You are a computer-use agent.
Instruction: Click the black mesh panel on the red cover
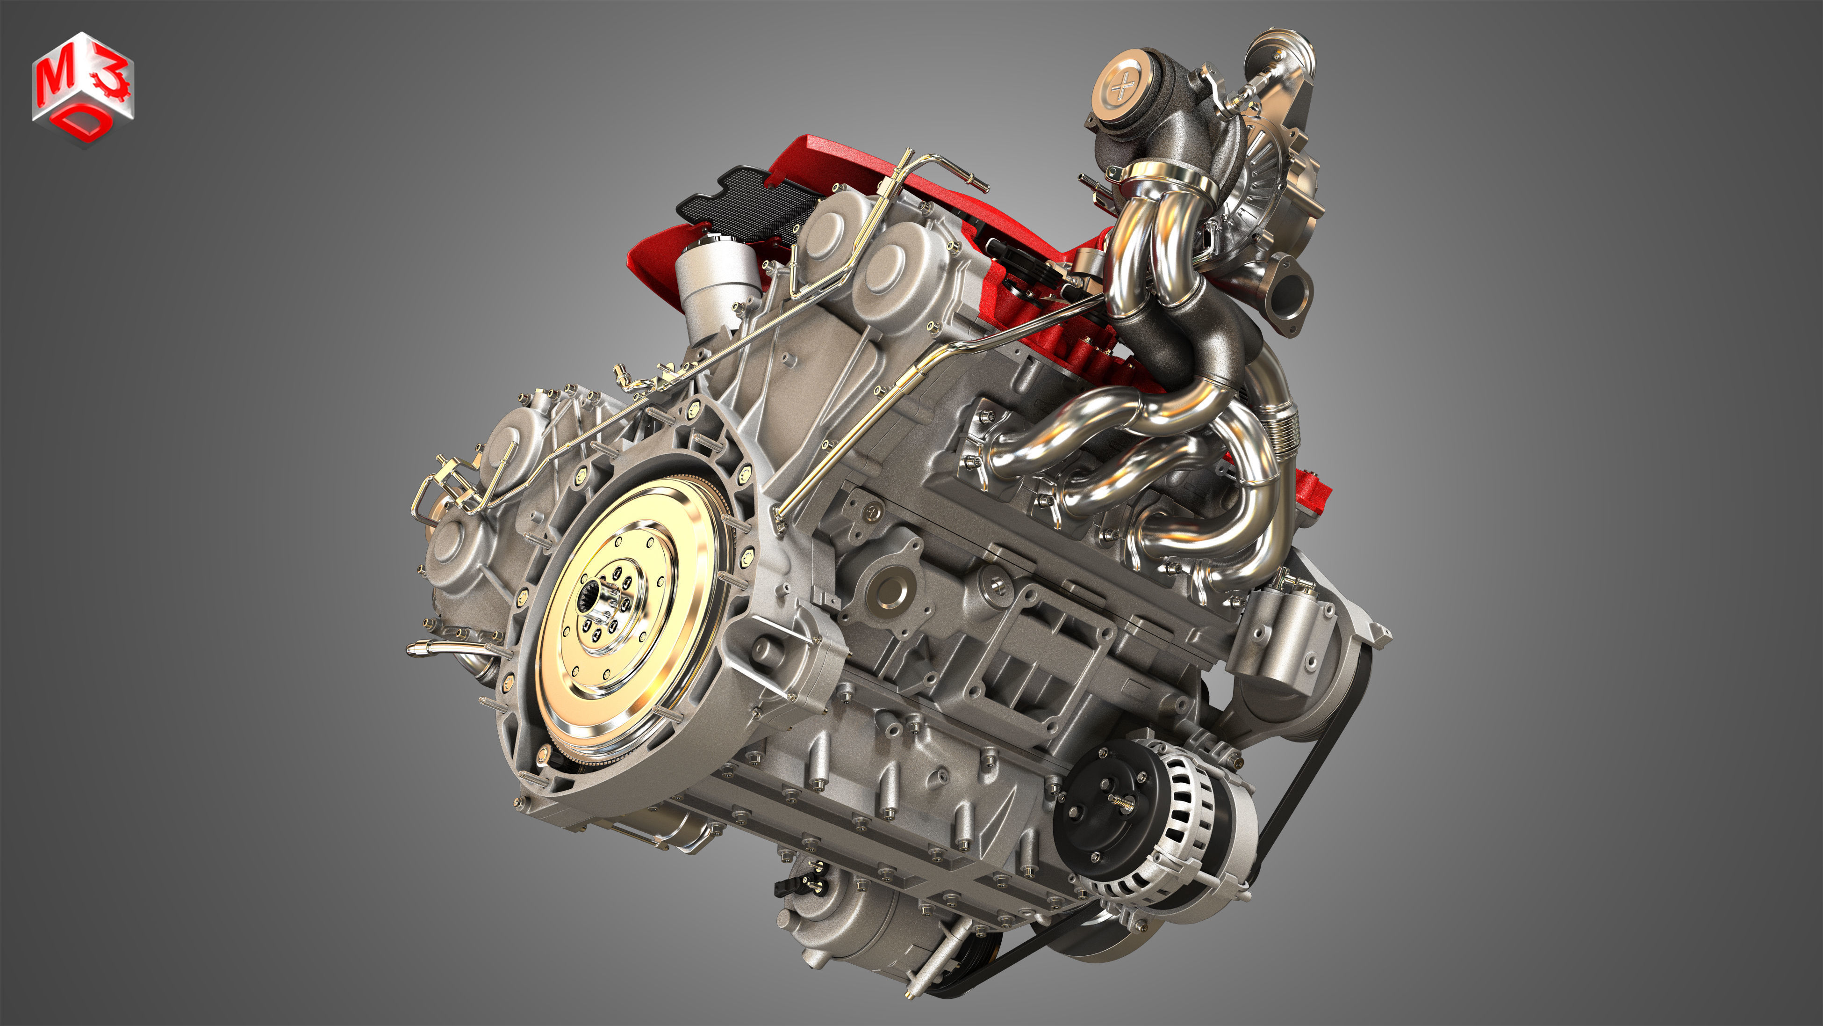[750, 198]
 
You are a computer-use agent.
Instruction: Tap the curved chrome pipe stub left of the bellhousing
[428, 648]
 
